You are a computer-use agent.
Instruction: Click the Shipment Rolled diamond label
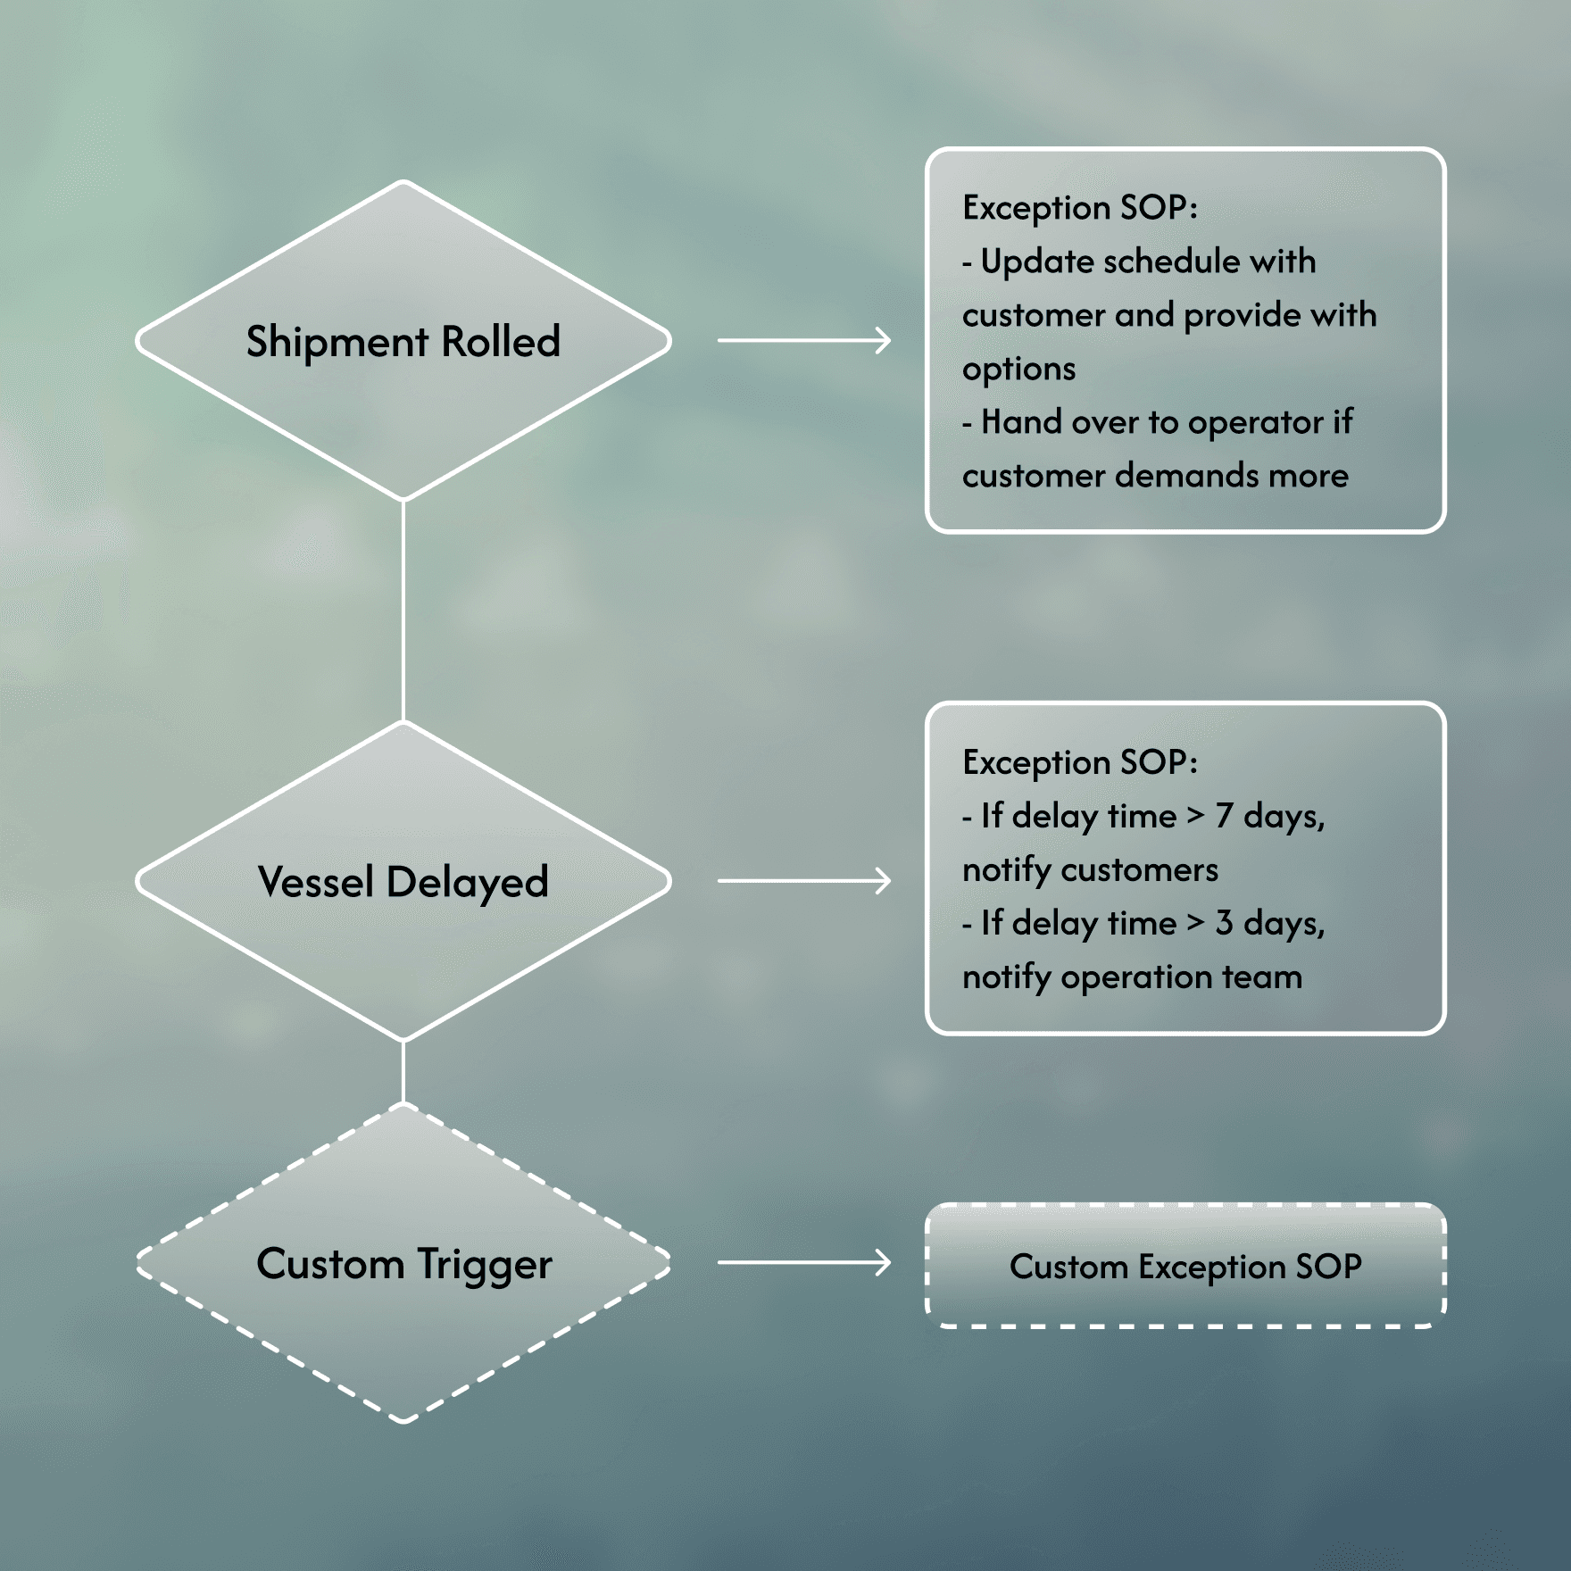pos(403,342)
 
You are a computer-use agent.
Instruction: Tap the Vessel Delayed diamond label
pos(403,882)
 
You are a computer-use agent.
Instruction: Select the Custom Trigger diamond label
pos(403,1264)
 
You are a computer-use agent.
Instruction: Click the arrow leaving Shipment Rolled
pos(803,340)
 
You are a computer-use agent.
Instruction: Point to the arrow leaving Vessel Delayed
pos(803,881)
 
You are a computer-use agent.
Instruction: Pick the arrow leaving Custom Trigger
pos(803,1262)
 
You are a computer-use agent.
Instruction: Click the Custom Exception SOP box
pos(1185,1266)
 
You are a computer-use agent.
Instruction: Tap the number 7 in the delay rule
pos(1224,816)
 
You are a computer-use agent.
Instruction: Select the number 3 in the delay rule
pos(1224,923)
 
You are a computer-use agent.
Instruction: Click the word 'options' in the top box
pos(1018,370)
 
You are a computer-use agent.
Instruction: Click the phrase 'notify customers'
pos(1090,870)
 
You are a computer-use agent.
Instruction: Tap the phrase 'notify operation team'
pos(1132,977)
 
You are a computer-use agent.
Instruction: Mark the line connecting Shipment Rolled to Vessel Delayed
pos(403,611)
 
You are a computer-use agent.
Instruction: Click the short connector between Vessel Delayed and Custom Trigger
pos(403,1071)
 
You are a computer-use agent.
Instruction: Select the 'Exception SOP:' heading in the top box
pos(1079,208)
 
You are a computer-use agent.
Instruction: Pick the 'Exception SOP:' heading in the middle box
pos(1079,762)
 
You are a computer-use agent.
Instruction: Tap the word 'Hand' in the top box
pos(1018,422)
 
